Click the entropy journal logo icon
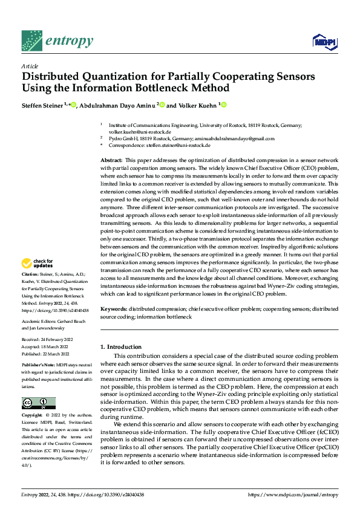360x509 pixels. point(31,40)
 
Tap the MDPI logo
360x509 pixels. point(324,41)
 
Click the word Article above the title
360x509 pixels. point(30,66)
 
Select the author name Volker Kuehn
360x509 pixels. point(197,106)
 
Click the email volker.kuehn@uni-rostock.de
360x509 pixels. point(140,131)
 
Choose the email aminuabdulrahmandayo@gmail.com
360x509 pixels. point(232,138)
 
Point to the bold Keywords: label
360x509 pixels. point(113,308)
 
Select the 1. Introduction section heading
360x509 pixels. point(120,347)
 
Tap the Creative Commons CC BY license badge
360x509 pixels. point(39,403)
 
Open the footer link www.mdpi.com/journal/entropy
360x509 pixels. point(292,495)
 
